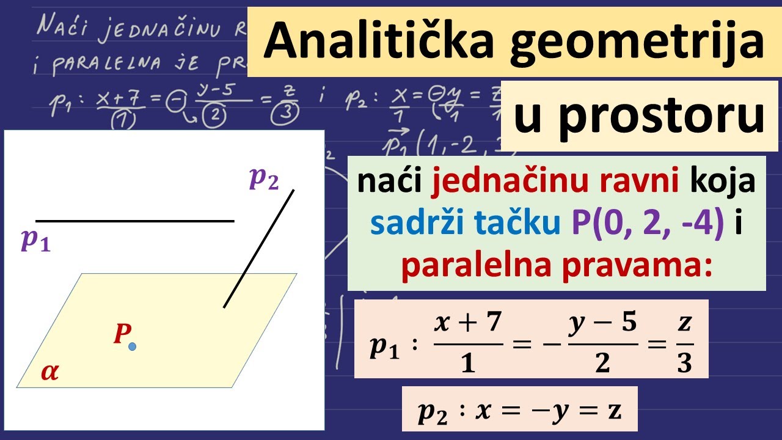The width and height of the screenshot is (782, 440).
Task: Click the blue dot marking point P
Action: (x=132, y=346)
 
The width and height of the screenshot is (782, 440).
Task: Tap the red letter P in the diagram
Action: (x=122, y=334)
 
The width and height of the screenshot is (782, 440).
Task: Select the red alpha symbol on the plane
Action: (x=50, y=372)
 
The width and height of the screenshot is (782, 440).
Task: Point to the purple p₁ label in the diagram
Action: (x=35, y=240)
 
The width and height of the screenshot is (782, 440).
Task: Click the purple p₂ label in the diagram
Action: (x=264, y=178)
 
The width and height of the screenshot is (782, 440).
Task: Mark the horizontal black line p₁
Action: (x=134, y=221)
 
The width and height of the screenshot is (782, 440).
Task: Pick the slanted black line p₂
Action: (x=259, y=248)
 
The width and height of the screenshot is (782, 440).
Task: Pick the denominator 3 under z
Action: (x=684, y=363)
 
